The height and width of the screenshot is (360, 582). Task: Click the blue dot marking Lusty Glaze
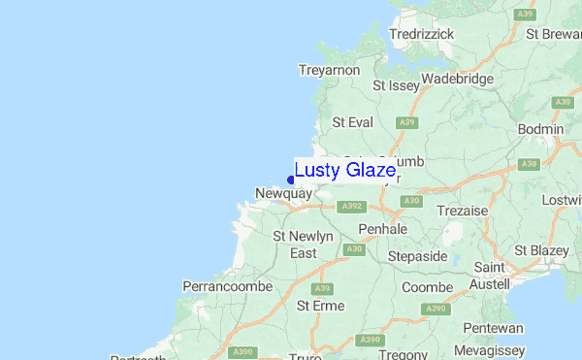tap(291, 179)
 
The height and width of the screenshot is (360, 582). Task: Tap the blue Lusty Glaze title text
tap(344, 171)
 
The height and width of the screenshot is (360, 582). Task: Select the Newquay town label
tap(283, 194)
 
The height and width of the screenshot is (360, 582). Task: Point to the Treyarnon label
tap(330, 70)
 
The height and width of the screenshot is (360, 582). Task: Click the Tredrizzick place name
tap(421, 34)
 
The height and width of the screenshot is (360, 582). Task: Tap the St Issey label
tap(398, 85)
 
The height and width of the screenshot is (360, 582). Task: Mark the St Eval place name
tap(352, 122)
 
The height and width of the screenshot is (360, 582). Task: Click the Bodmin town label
tap(541, 129)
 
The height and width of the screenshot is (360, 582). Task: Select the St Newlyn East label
tap(303, 245)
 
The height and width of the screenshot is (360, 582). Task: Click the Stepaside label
tap(417, 256)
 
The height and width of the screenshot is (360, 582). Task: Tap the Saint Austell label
tap(491, 276)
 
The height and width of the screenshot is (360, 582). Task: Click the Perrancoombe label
tap(223, 287)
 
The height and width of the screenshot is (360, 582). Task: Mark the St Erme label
tap(320, 306)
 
